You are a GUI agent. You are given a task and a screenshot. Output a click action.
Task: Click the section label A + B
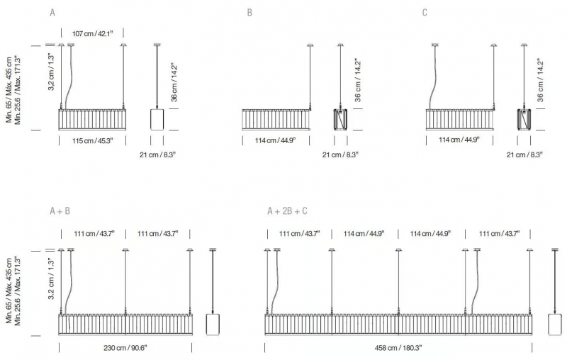pyautogui.click(x=60, y=211)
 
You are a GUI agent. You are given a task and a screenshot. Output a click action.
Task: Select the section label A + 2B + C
pyautogui.click(x=287, y=211)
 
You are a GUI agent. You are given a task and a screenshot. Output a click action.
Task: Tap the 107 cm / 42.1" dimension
pyautogui.click(x=93, y=33)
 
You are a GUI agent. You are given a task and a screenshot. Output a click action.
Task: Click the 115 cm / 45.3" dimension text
pyautogui.click(x=93, y=140)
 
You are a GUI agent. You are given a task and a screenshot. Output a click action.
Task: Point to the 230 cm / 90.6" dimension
pyautogui.click(x=125, y=348)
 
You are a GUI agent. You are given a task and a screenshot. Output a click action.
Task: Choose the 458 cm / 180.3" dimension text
pyautogui.click(x=398, y=348)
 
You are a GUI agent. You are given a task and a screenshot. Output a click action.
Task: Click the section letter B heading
pyautogui.click(x=249, y=13)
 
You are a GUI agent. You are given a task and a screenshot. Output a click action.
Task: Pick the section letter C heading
pyautogui.click(x=425, y=13)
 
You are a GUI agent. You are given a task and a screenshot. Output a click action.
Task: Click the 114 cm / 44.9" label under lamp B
pyautogui.click(x=275, y=140)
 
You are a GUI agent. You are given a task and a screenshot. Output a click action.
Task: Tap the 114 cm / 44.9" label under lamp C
pyautogui.click(x=459, y=140)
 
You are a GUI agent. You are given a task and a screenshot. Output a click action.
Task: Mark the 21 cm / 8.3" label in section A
pyautogui.click(x=157, y=154)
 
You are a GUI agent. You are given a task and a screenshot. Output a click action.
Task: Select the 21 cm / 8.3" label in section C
pyautogui.click(x=524, y=154)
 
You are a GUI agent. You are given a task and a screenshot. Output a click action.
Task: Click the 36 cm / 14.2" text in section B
pyautogui.click(x=358, y=80)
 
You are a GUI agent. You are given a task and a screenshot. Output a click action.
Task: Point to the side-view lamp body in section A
pyautogui.click(x=157, y=119)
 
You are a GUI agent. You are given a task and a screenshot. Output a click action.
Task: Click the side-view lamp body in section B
pyautogui.click(x=340, y=119)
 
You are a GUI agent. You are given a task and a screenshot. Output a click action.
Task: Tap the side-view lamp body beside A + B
pyautogui.click(x=213, y=325)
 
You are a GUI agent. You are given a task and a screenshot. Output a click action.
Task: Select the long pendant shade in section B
pyautogui.click(x=276, y=120)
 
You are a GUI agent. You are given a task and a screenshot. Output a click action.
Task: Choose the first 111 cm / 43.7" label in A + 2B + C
pyautogui.click(x=299, y=234)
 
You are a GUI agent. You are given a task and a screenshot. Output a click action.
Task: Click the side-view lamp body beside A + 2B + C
pyautogui.click(x=555, y=325)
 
